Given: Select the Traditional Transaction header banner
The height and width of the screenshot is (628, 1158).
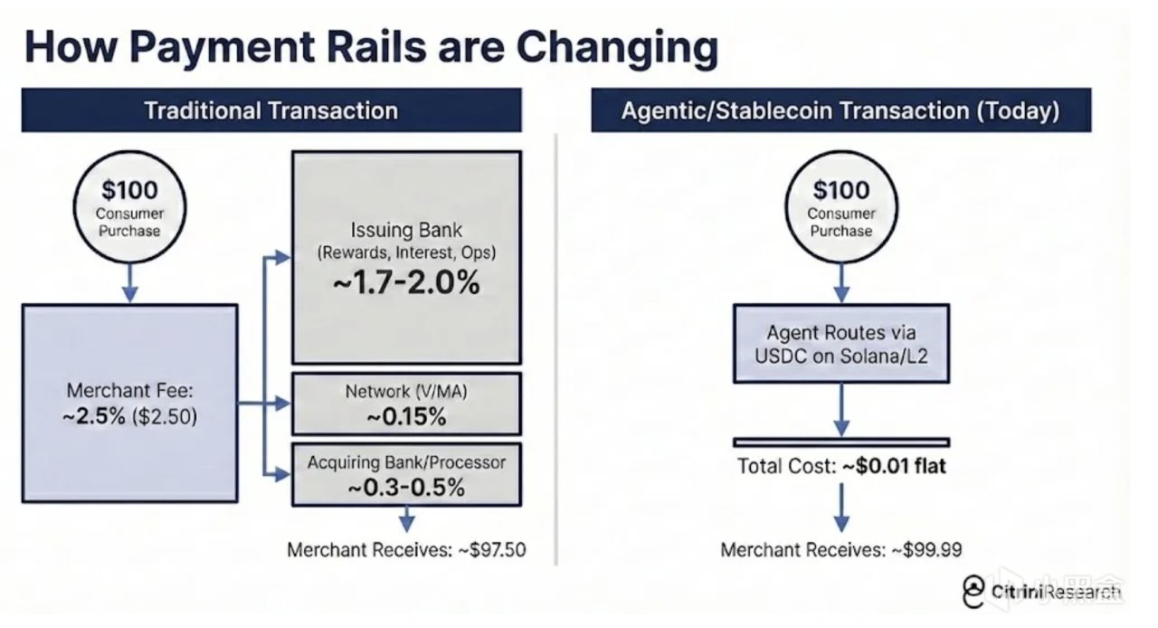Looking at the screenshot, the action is tap(271, 110).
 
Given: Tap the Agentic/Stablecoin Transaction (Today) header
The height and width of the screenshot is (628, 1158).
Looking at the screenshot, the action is tap(841, 110).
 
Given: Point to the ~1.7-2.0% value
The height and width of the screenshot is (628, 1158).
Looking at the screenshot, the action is tap(406, 283).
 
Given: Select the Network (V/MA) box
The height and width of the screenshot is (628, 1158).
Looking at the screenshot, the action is tap(407, 404).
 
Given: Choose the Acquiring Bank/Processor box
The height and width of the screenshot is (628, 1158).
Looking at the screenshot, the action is tap(407, 474).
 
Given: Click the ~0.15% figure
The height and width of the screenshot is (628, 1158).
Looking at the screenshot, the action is tap(406, 416).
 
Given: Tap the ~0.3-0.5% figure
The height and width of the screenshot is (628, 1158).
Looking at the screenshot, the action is tap(406, 488).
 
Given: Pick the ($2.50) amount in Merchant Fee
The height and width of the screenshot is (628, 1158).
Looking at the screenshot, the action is tap(165, 416).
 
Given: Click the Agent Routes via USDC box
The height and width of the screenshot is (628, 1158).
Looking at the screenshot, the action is tap(841, 344).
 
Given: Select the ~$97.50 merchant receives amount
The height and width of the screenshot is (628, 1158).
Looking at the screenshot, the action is tap(492, 549).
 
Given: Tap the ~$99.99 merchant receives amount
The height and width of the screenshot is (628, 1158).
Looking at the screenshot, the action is tap(927, 549).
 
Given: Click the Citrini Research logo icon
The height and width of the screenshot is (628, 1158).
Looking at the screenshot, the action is tap(973, 592).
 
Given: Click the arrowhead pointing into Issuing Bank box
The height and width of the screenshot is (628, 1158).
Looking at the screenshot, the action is tap(283, 257).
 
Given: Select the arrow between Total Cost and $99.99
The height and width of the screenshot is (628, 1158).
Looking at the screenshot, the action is tap(841, 508).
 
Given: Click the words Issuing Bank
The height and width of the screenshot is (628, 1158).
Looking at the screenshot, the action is tap(406, 230).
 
